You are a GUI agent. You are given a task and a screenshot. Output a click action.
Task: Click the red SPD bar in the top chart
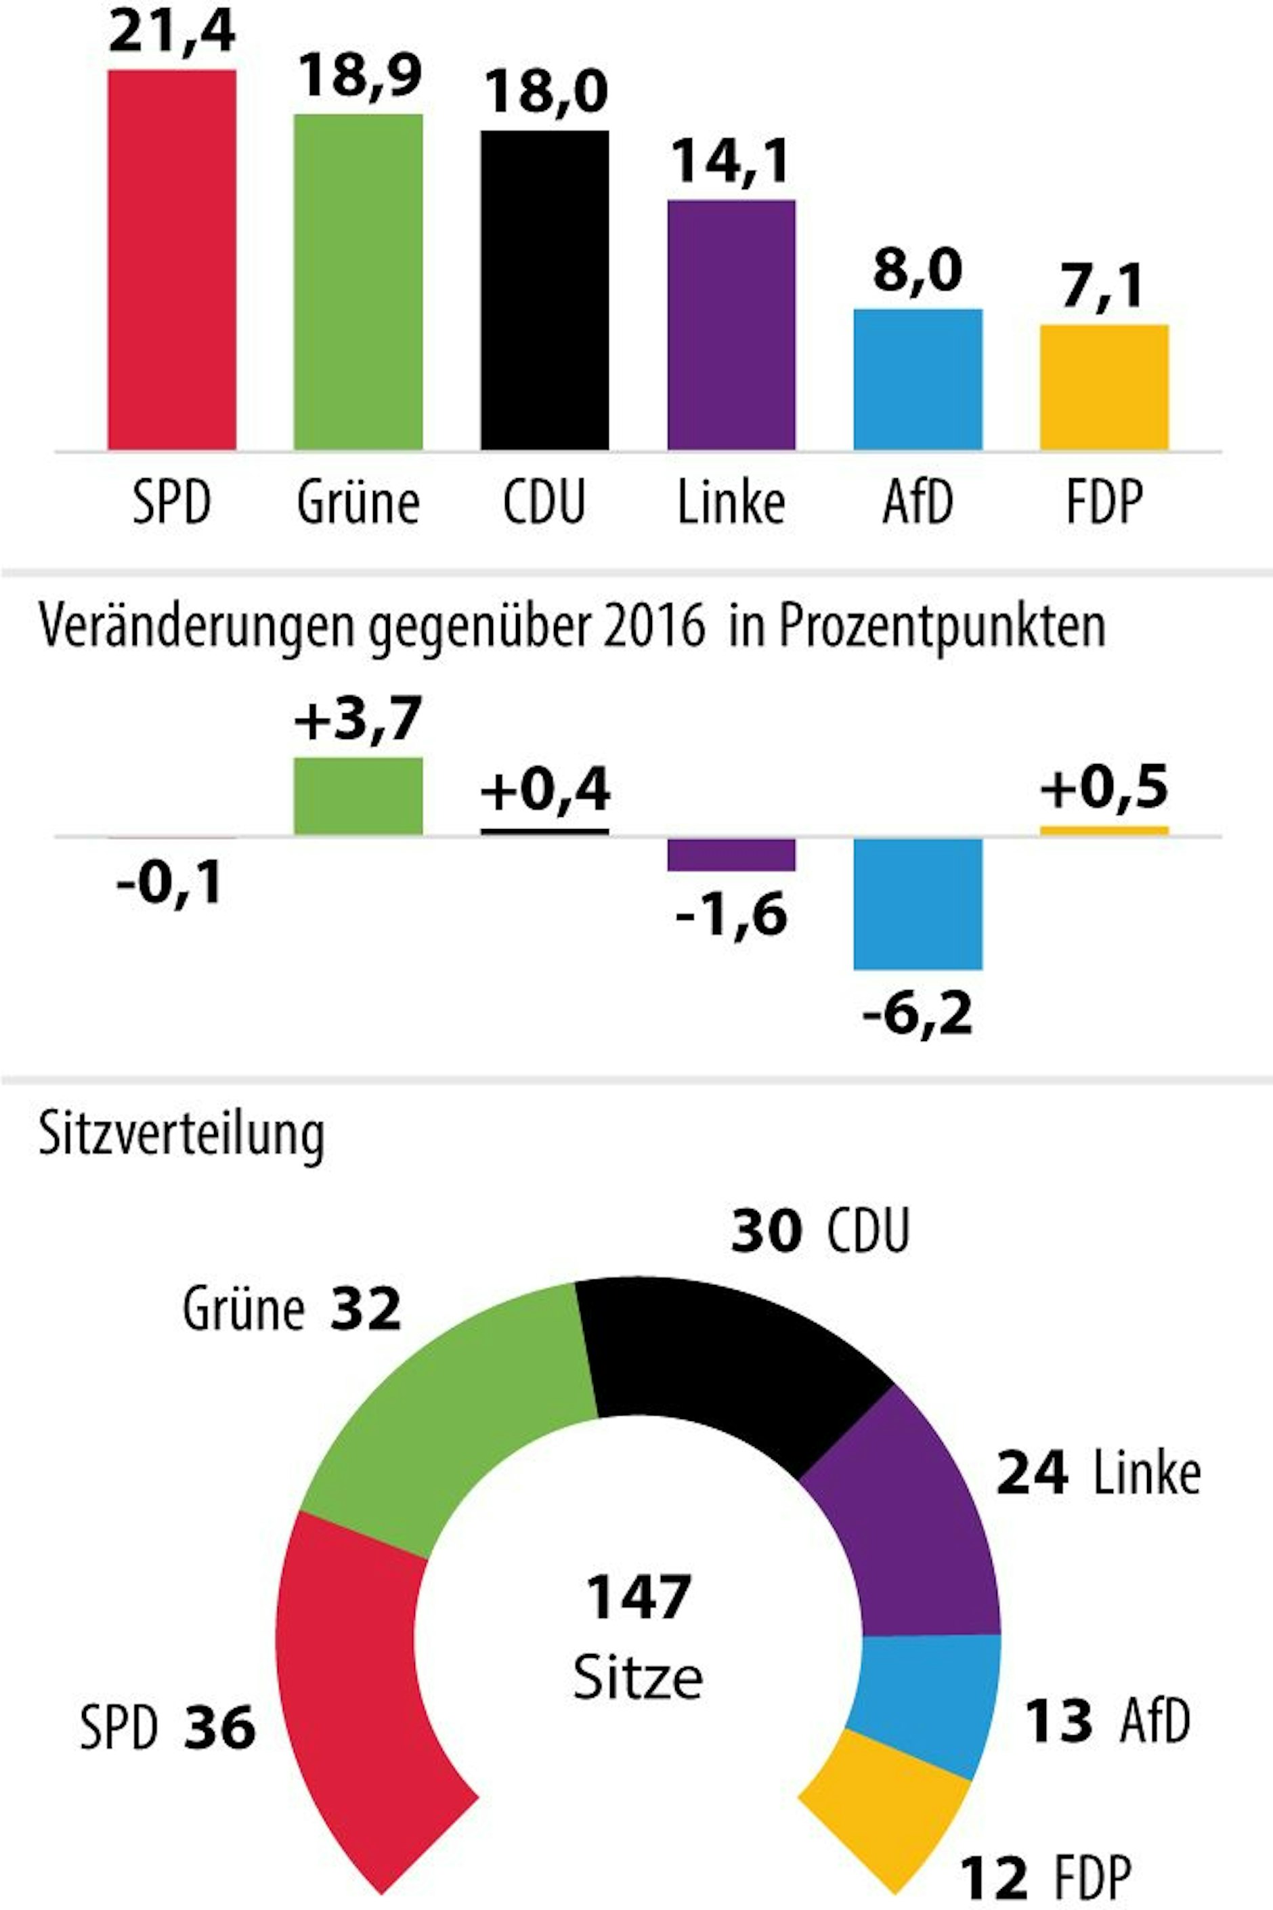pyautogui.click(x=171, y=260)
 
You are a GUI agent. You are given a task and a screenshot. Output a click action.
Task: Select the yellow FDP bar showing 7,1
pyautogui.click(x=1104, y=387)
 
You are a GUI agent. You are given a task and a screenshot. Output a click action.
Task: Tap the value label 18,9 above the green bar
pyautogui.click(x=358, y=75)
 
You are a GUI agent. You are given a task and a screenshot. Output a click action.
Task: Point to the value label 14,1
pyautogui.click(x=731, y=161)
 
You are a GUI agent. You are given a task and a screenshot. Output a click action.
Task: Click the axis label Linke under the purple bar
pyautogui.click(x=731, y=503)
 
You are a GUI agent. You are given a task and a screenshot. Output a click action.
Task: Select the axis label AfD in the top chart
pyautogui.click(x=918, y=503)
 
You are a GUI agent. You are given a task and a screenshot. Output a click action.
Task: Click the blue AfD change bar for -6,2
pyautogui.click(x=918, y=903)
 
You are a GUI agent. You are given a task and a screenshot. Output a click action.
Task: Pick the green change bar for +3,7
pyautogui.click(x=358, y=796)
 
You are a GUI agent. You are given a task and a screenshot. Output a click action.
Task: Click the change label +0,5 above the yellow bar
pyautogui.click(x=1104, y=788)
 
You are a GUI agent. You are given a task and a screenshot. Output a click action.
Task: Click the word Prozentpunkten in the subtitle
pyautogui.click(x=942, y=628)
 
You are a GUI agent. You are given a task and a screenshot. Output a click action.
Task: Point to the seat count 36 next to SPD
pyautogui.click(x=219, y=1727)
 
